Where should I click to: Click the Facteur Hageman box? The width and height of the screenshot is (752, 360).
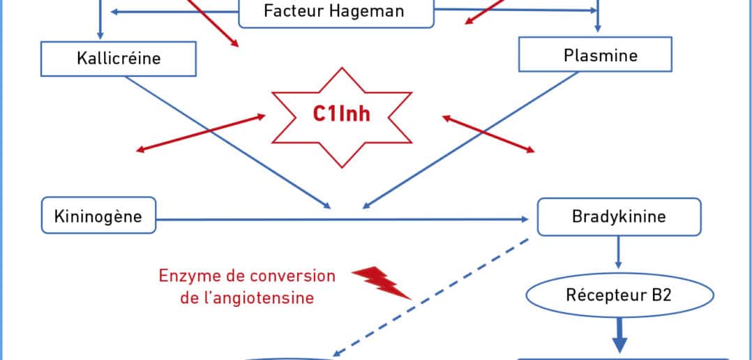pos(335,12)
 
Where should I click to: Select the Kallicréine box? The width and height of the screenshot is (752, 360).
pos(119,58)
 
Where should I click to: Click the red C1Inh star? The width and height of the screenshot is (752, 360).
pos(340,115)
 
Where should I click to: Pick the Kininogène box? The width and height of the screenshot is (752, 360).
pos(98,216)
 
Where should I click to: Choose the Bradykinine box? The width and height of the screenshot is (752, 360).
pos(619,216)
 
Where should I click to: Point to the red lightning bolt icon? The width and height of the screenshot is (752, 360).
pos(381,283)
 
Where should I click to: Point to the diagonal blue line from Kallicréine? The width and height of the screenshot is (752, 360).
pos(223,140)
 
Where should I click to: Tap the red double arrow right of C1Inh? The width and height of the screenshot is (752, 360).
pos(489,133)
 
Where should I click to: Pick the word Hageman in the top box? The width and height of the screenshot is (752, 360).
pos(374,12)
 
